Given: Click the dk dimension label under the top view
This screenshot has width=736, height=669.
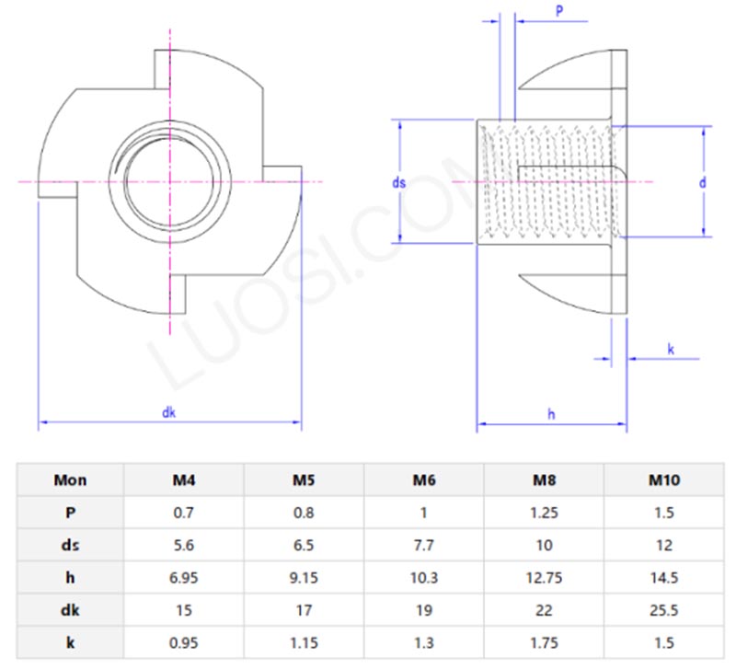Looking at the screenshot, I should click(x=168, y=413).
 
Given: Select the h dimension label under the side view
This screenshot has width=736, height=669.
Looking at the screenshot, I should click(x=551, y=414).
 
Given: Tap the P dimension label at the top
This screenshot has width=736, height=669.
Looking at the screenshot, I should click(x=559, y=10).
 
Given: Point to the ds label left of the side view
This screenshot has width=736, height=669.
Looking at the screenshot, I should click(x=398, y=183).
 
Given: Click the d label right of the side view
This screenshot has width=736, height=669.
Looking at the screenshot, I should click(x=702, y=183).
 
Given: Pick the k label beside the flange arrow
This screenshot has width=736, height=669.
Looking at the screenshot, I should click(x=671, y=349).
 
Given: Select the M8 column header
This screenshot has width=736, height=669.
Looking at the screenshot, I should click(x=544, y=479).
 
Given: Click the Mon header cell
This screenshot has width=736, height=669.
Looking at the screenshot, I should click(x=71, y=479).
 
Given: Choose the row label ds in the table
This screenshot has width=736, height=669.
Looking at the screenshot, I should click(x=71, y=545).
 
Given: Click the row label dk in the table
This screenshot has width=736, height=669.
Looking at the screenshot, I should click(x=71, y=610).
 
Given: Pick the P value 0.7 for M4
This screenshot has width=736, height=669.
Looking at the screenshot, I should click(x=184, y=513).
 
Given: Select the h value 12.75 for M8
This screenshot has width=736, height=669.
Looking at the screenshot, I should click(x=544, y=578).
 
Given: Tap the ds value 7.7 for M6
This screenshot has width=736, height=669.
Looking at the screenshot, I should click(x=424, y=545).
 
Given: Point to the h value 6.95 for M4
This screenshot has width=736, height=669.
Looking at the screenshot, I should click(x=184, y=578).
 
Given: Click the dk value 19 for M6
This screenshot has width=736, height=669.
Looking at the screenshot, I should click(x=424, y=610).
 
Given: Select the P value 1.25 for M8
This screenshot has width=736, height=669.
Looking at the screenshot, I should click(x=544, y=513).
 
